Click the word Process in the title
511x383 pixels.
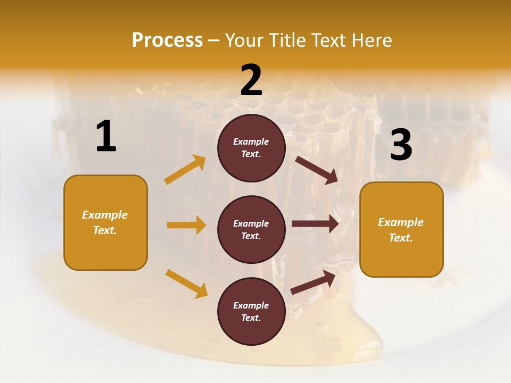(167, 40)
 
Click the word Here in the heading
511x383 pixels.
(371, 40)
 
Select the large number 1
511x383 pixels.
(106, 137)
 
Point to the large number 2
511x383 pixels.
(251, 81)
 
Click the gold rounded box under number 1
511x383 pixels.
(105, 222)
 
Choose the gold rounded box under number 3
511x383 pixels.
(401, 229)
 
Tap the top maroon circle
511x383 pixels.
(251, 148)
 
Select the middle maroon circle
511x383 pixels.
(251, 229)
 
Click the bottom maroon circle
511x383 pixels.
(251, 311)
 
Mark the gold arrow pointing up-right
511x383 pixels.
(185, 170)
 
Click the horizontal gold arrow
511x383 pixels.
(186, 225)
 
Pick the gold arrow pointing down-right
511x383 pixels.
(186, 283)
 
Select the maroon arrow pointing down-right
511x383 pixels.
(317, 170)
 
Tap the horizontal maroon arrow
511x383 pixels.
(315, 224)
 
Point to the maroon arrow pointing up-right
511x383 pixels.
(314, 282)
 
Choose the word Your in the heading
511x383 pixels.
(245, 40)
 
